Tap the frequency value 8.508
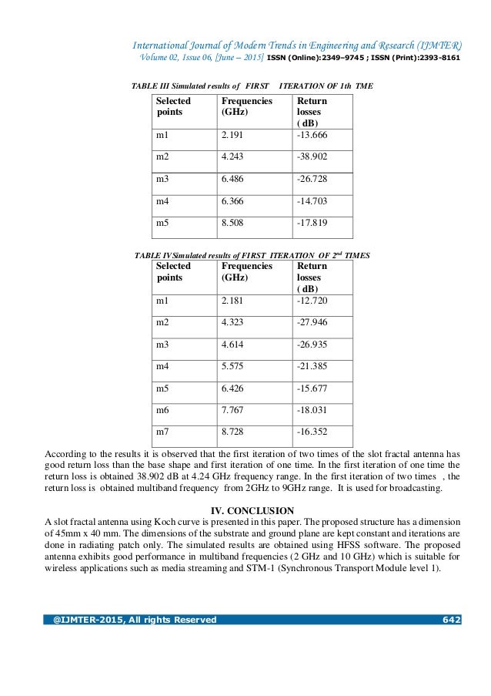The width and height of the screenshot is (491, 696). (234, 224)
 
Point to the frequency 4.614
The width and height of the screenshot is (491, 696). (234, 345)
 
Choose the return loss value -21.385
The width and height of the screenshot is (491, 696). (312, 367)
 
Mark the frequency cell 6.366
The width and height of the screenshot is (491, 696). (234, 202)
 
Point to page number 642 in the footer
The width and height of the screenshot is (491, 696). (451, 620)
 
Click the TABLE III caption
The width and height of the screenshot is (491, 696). (254, 86)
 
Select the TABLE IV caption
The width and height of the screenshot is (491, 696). (252, 254)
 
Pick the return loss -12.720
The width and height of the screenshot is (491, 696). (312, 300)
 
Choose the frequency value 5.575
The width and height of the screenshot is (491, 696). (234, 367)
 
